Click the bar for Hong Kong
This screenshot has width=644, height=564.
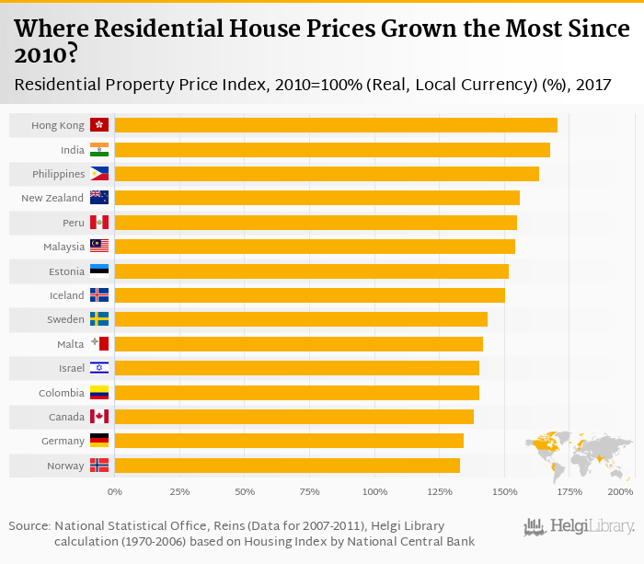tap(336, 125)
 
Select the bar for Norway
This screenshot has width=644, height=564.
tap(287, 466)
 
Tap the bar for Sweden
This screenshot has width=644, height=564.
tap(301, 319)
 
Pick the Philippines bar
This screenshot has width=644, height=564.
tap(327, 174)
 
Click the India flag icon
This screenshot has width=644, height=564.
tap(99, 149)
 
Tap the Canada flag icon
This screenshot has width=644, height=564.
tap(99, 417)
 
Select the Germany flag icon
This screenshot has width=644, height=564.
tap(99, 441)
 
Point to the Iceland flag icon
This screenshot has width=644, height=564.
tap(99, 295)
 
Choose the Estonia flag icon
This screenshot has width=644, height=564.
tap(99, 270)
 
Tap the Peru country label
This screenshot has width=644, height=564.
tap(74, 223)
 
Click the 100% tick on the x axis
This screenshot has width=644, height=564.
tap(374, 492)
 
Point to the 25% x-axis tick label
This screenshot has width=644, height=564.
tap(179, 492)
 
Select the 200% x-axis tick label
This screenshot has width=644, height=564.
tap(621, 492)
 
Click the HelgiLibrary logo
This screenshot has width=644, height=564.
tap(579, 527)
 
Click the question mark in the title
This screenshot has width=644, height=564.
tap(68, 55)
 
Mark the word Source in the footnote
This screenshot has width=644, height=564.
tap(29, 525)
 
